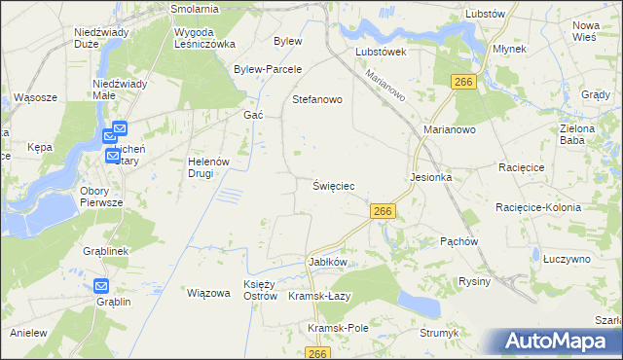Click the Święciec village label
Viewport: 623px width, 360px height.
[333, 185]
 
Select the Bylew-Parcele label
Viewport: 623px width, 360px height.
[268, 69]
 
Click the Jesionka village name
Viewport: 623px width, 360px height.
[432, 178]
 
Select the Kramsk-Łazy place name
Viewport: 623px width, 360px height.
[319, 296]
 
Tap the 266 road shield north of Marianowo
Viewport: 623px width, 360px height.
[463, 83]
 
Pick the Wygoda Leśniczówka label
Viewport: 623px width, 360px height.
[204, 38]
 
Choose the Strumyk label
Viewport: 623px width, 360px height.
[439, 333]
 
